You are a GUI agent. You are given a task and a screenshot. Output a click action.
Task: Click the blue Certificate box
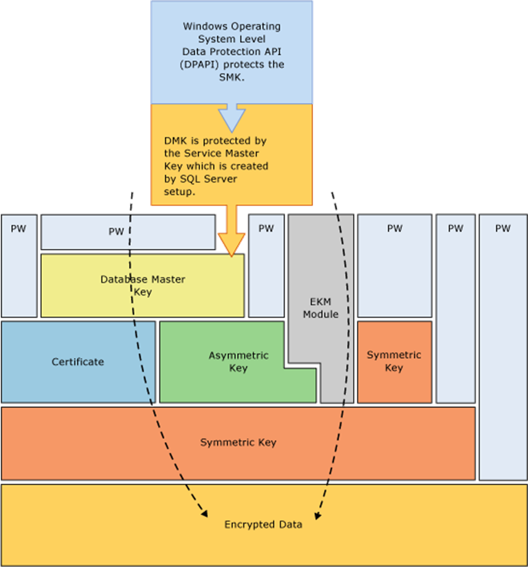[x=78, y=362]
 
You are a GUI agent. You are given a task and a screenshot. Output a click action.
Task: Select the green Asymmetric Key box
[x=238, y=362]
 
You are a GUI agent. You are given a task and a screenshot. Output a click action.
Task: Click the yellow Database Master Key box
[x=143, y=285]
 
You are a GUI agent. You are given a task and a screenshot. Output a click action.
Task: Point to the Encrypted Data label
[x=263, y=524]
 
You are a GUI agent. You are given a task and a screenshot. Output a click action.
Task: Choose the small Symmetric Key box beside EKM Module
[x=394, y=361]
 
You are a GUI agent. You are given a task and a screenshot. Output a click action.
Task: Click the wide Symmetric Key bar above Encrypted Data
[x=238, y=443]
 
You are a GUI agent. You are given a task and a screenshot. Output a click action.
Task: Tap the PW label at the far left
[x=19, y=228]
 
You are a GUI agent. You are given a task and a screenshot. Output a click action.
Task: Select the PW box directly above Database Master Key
[x=116, y=232]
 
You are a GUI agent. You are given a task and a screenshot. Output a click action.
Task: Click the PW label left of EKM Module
[x=266, y=228]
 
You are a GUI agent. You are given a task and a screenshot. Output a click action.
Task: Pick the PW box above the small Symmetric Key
[x=395, y=228]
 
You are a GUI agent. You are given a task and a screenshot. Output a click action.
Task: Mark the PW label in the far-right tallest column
[x=503, y=228]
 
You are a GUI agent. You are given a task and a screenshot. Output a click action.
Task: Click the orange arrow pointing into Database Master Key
[x=232, y=238]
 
